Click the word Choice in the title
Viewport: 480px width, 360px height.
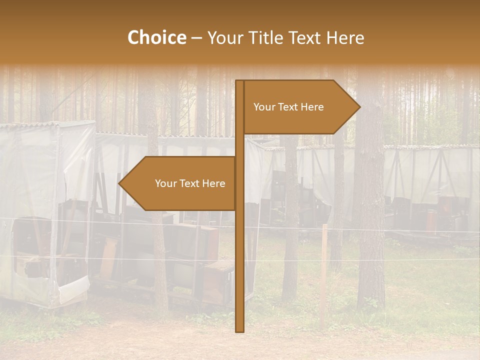point(156,38)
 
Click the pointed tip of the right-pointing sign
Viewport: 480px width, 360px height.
point(359,107)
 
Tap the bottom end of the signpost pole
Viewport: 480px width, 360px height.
point(240,330)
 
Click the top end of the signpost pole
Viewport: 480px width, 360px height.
point(240,81)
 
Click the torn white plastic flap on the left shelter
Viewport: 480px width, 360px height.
point(73,289)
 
